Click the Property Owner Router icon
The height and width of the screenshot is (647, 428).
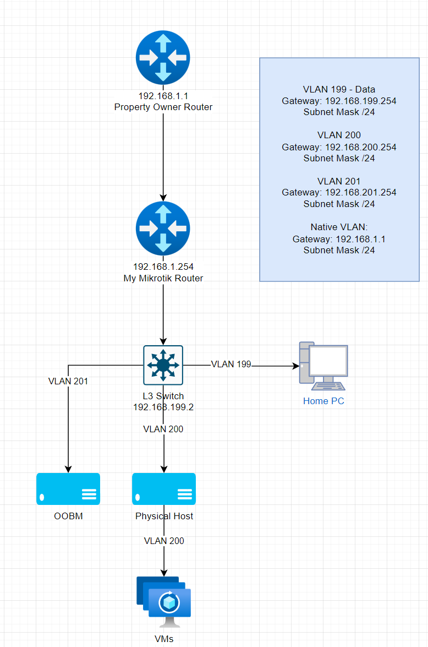(163, 57)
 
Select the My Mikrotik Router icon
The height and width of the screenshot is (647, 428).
(163, 229)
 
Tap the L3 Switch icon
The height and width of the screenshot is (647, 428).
(163, 365)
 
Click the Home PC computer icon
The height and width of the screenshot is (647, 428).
(323, 363)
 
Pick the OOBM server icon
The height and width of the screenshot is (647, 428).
(68, 489)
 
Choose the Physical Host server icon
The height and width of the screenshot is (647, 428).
(164, 489)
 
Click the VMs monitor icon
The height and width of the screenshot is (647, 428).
(164, 602)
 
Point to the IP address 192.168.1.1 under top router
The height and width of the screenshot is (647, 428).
(163, 96)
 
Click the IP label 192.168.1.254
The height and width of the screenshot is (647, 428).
(163, 267)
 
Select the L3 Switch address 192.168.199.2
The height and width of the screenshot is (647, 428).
(163, 407)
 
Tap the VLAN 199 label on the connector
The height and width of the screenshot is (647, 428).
(231, 364)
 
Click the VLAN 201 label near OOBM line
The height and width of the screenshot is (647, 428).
(68, 380)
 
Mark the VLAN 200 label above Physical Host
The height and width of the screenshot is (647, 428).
(163, 429)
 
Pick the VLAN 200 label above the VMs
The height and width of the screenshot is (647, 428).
(164, 541)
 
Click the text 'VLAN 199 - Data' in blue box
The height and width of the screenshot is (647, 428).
(339, 89)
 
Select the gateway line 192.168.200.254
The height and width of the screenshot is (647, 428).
(339, 147)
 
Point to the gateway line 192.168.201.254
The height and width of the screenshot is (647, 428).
(339, 192)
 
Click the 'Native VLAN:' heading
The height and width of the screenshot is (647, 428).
(339, 227)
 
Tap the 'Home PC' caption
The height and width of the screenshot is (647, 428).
(323, 401)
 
